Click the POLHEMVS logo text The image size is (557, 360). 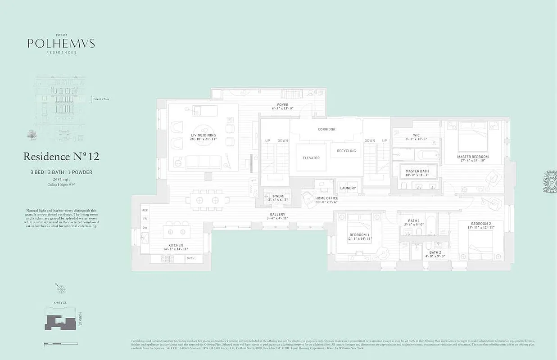click(x=61, y=44)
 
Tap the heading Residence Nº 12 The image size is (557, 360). click(x=61, y=157)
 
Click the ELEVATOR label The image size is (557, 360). click(x=311, y=158)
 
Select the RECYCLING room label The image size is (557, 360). click(x=346, y=151)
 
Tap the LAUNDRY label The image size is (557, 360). click(x=348, y=188)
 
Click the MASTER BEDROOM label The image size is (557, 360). click(x=473, y=157)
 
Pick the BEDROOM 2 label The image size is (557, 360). click(x=481, y=224)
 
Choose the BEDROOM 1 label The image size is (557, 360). click(x=359, y=235)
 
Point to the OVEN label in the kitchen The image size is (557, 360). click(x=190, y=258)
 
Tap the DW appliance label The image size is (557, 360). click(x=145, y=227)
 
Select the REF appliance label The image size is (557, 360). click(x=145, y=210)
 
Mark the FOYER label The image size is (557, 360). click(x=283, y=105)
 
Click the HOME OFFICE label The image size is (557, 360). click(x=326, y=198)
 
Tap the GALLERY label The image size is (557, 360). click(x=277, y=214)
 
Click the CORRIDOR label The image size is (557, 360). click(x=326, y=129)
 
